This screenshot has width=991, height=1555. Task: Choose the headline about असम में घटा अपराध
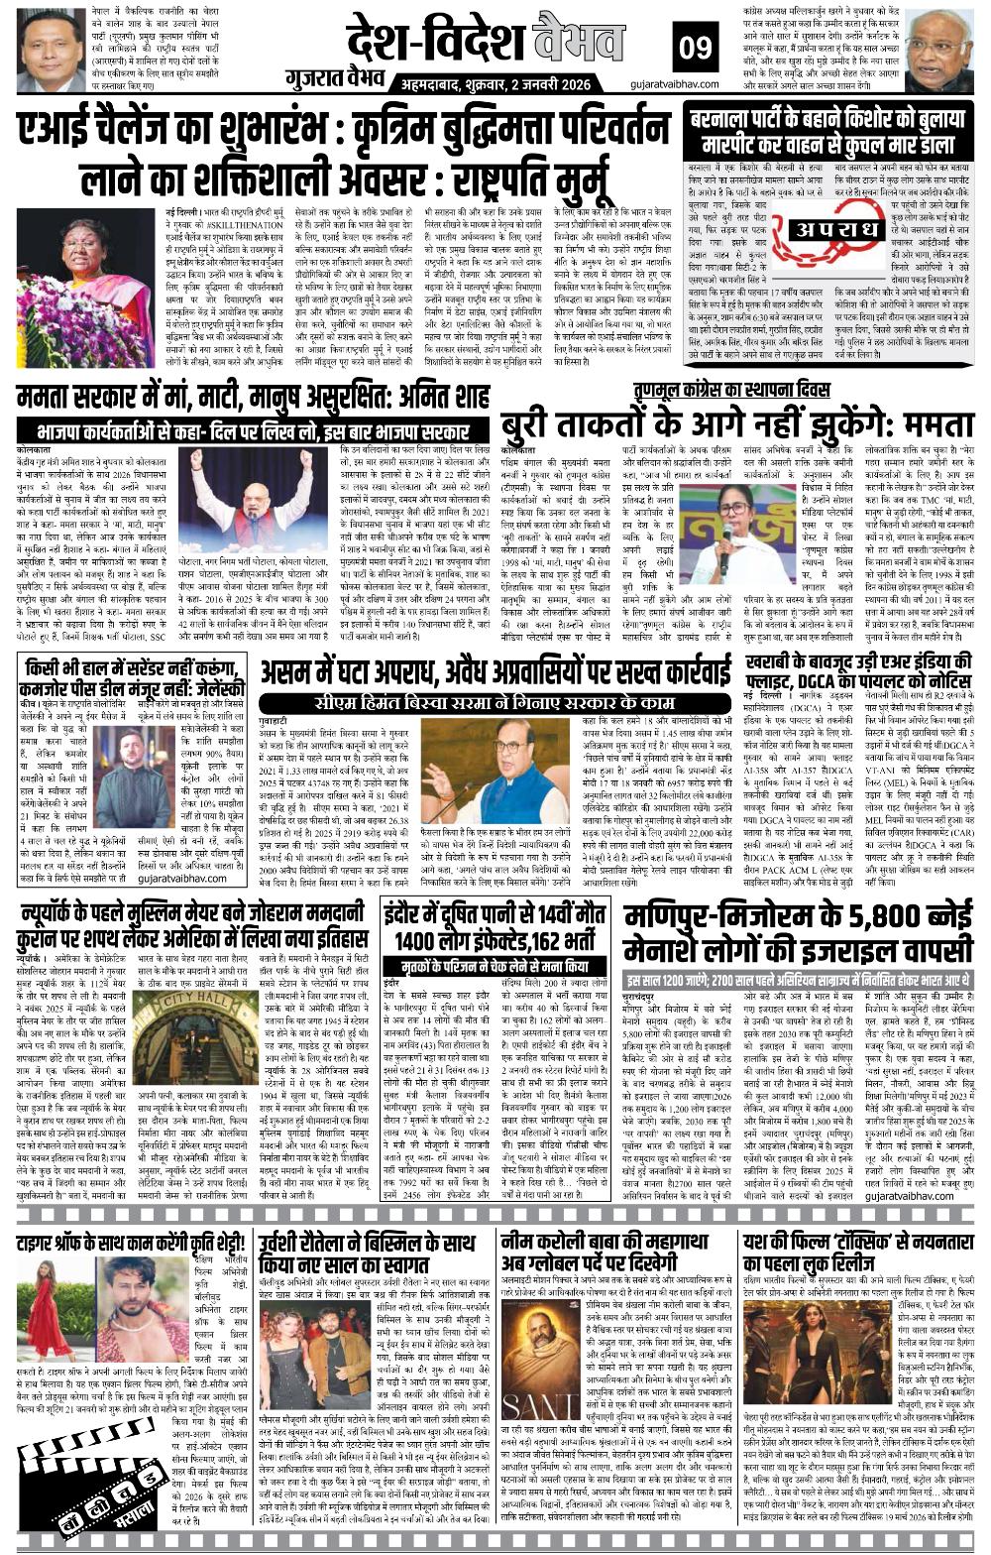click(x=490, y=674)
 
